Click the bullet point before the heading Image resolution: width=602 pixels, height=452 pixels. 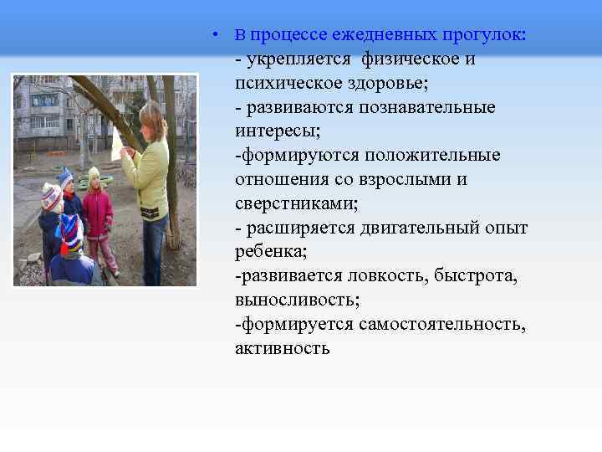(x=216, y=36)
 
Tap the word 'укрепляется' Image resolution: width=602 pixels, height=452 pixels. (x=292, y=60)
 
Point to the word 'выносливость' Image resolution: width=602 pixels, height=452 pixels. (x=288, y=300)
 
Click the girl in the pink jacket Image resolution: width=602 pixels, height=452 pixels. (x=98, y=213)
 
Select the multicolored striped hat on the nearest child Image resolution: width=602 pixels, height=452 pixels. (x=70, y=230)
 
